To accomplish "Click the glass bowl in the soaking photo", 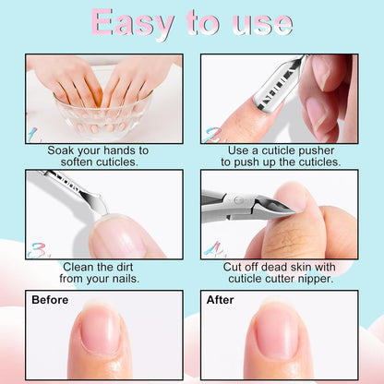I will (x=103, y=112).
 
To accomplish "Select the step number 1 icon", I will (x=33, y=135).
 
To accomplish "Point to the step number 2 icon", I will (x=212, y=135).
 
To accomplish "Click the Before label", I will (x=50, y=300).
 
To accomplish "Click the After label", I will (x=221, y=300).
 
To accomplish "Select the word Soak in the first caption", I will (x=63, y=149).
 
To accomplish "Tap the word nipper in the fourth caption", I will (x=319, y=278).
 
